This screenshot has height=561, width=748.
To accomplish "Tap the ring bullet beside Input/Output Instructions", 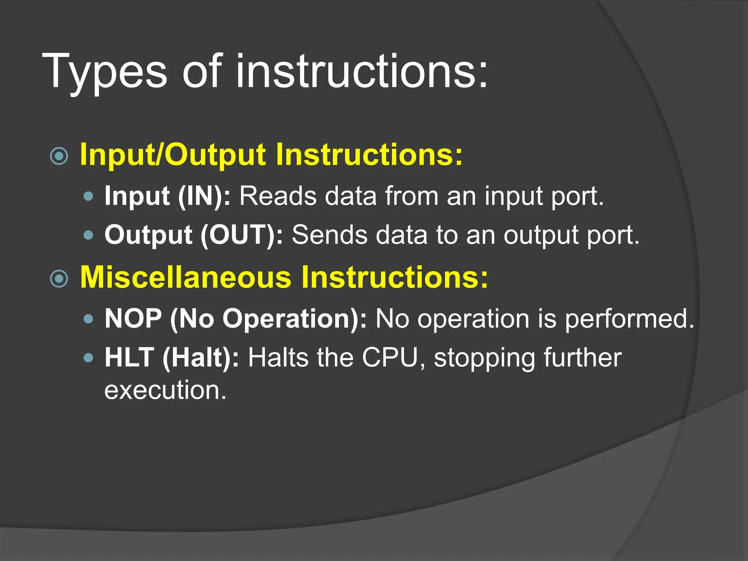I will (x=59, y=156).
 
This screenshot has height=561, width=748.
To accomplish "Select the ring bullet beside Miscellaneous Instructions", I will (x=59, y=279).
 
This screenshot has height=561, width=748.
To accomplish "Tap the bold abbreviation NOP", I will (x=133, y=319).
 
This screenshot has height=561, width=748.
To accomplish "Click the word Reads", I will (x=278, y=196).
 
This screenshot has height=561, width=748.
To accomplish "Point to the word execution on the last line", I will (x=165, y=390).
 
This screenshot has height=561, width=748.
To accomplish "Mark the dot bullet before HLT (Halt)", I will (x=88, y=357).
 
